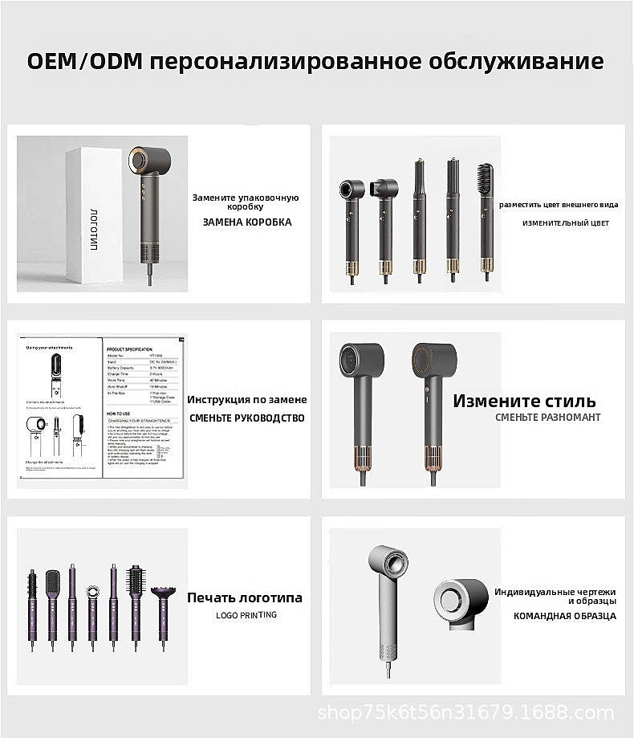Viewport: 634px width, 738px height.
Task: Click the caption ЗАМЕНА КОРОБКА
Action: coord(247,222)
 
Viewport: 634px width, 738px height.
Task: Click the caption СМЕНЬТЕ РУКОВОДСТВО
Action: coord(247,418)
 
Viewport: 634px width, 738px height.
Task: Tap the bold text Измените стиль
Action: coord(524,401)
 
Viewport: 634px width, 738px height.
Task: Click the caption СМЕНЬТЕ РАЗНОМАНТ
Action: coord(548,418)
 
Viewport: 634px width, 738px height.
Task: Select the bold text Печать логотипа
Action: coord(245,597)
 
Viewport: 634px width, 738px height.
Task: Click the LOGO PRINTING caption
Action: coord(246,615)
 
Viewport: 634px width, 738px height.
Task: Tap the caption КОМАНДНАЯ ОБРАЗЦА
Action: coord(565,617)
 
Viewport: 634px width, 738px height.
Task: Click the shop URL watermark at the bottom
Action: coord(465,712)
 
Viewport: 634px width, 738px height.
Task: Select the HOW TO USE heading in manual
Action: coord(119,408)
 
